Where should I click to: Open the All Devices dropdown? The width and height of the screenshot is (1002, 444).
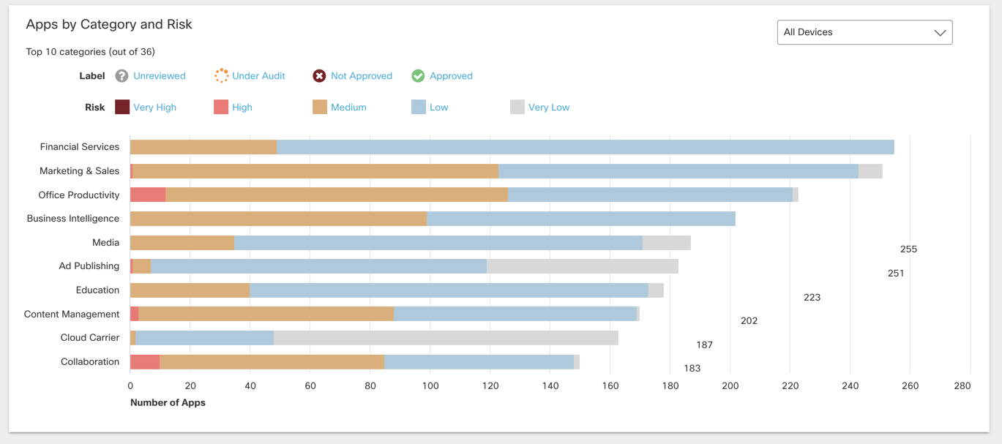pos(864,32)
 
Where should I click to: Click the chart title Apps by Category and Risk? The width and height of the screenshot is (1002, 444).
pos(109,24)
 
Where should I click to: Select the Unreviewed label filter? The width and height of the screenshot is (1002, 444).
pos(159,76)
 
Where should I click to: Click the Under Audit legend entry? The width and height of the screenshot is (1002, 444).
pos(258,76)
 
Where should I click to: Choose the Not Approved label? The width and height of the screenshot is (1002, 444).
pos(361,76)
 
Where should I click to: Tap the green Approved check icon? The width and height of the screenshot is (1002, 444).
pos(418,76)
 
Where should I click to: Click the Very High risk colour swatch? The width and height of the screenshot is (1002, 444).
pos(122,107)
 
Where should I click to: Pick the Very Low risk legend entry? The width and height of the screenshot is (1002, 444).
pos(548,108)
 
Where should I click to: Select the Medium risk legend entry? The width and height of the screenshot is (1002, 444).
pos(348,108)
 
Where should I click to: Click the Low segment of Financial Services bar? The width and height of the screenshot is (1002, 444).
pos(586,147)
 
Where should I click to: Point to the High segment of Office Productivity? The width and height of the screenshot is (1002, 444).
pos(148,195)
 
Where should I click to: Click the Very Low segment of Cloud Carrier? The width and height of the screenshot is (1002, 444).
pos(446,338)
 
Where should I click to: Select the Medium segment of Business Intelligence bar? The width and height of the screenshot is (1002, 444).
pos(278,219)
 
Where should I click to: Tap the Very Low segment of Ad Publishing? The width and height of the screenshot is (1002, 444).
pos(583,266)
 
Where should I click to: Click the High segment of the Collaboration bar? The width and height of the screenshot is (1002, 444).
pos(145,362)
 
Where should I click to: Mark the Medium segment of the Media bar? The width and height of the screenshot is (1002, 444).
pos(182,243)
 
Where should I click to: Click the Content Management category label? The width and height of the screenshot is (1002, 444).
pos(72,314)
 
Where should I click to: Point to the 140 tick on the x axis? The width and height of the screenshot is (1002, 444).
pos(550,385)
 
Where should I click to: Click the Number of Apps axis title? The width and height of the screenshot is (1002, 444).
pos(168,402)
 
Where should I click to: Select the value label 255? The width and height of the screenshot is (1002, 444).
pos(908,249)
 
